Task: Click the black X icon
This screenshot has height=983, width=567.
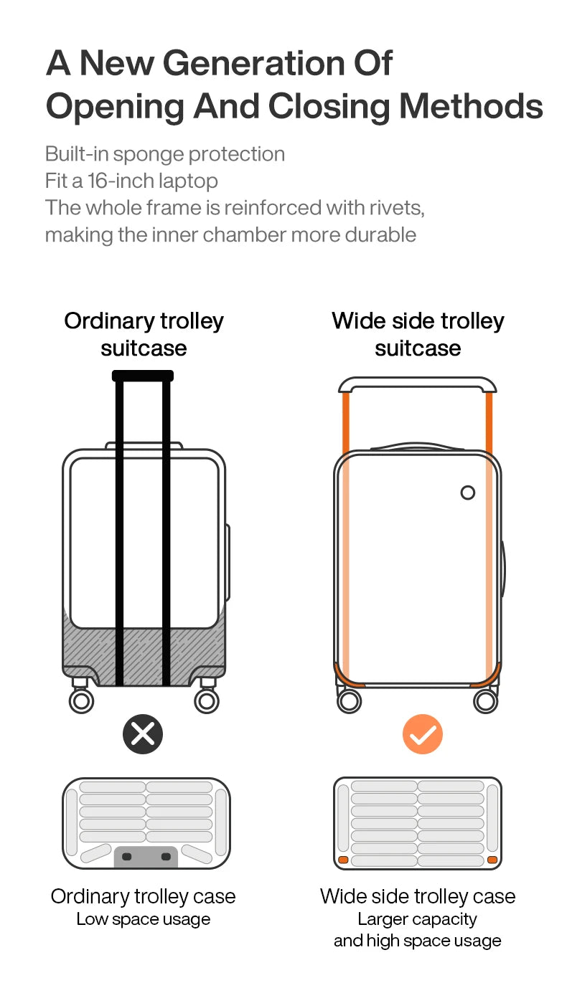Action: [x=143, y=734]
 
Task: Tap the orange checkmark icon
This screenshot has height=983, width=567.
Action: [x=423, y=734]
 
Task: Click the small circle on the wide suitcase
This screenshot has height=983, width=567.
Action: [x=468, y=493]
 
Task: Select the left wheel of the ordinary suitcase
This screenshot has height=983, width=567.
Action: [x=81, y=701]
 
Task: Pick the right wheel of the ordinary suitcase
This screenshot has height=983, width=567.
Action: [x=207, y=701]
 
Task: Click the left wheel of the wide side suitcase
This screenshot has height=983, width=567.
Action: [x=349, y=701]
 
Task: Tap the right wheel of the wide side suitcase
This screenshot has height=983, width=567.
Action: [x=486, y=701]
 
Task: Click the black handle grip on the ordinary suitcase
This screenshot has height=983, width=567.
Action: [x=143, y=376]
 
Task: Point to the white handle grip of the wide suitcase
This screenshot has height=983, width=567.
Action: [x=417, y=384]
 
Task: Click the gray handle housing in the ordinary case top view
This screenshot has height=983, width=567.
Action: [x=146, y=858]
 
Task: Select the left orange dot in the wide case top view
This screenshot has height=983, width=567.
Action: [x=344, y=860]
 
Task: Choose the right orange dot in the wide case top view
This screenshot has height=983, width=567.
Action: [x=492, y=860]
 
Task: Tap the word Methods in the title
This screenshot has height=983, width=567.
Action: [x=471, y=106]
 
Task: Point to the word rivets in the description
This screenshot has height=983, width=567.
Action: [x=397, y=208]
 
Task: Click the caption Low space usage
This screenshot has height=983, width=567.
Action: [x=143, y=919]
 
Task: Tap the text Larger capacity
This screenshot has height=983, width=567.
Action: [x=417, y=919]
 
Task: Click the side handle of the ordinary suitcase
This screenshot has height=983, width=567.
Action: [x=228, y=562]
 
